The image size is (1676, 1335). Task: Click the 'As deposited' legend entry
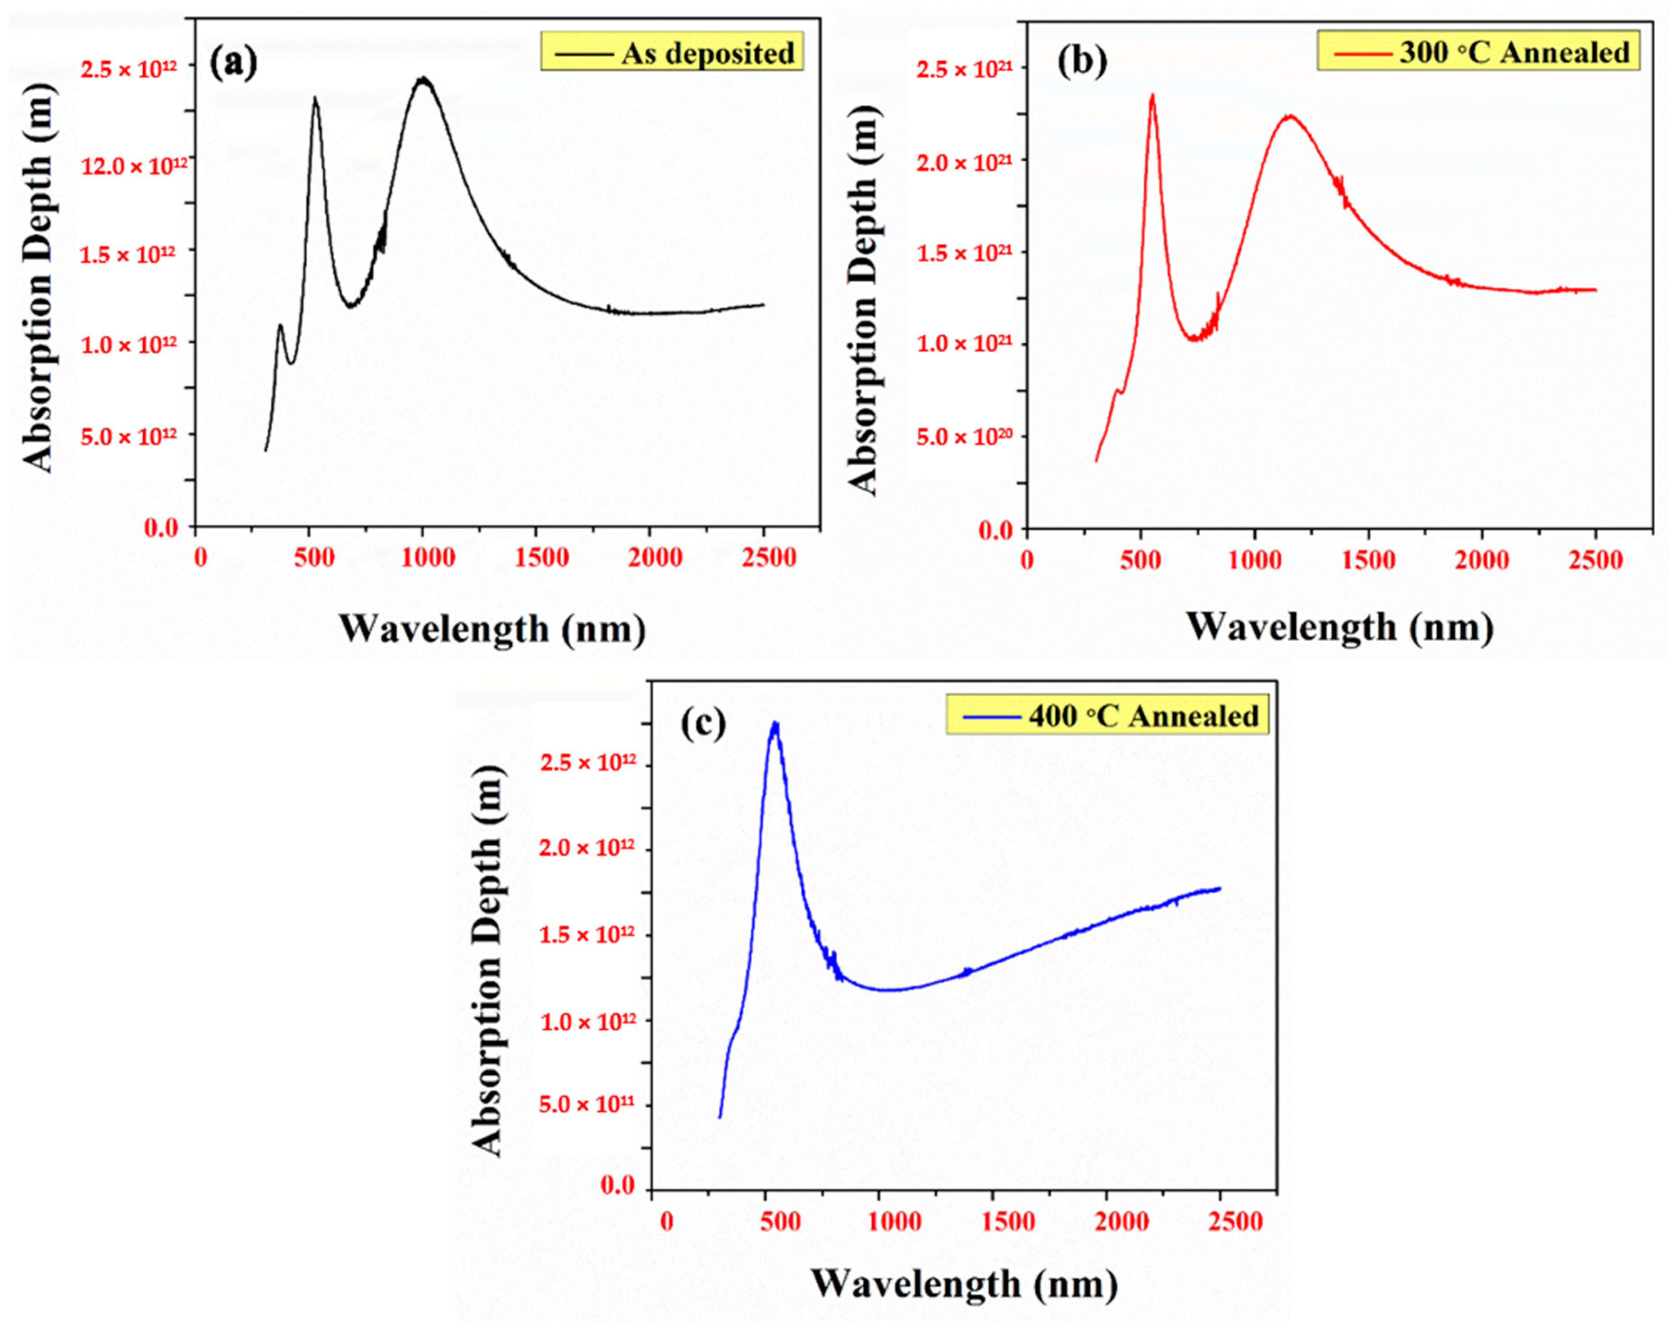[672, 53]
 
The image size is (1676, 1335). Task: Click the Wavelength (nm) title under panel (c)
[965, 1284]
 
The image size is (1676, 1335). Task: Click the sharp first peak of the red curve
[1152, 96]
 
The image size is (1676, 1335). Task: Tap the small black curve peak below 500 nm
[280, 327]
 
